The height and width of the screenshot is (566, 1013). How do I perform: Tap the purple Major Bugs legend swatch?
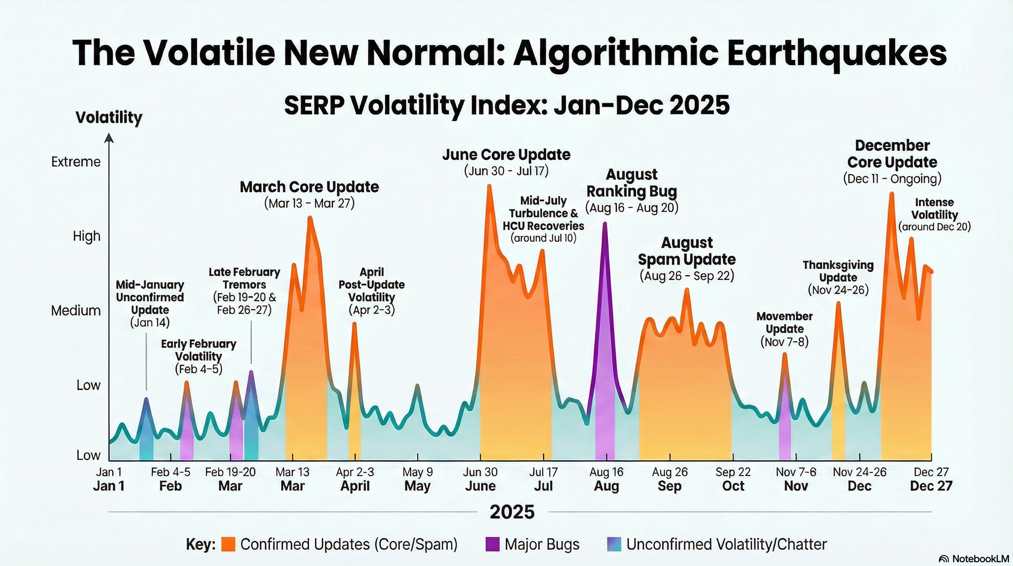point(493,544)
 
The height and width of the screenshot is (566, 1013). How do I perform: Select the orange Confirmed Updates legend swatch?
point(228,544)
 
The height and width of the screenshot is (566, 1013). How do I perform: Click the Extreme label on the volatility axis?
point(76,162)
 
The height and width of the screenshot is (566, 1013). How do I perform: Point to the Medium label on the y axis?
point(76,311)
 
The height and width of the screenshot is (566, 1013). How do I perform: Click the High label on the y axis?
point(87,236)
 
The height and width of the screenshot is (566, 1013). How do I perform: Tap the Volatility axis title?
point(109,117)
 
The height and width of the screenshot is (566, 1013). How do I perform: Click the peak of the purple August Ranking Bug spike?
point(605,223)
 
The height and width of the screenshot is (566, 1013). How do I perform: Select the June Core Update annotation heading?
point(506,155)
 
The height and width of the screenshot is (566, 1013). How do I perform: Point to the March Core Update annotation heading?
point(310,187)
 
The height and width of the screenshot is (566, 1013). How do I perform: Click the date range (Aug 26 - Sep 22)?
point(686,276)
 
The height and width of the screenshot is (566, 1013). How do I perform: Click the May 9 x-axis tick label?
point(418,472)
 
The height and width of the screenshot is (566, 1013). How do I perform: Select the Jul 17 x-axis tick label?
point(543,472)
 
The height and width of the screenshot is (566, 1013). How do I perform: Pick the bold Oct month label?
point(733,486)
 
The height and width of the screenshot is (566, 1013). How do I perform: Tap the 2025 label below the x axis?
point(512,512)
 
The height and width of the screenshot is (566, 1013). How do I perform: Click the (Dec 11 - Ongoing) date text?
point(892,179)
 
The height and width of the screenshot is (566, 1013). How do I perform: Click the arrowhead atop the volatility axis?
point(109,138)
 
